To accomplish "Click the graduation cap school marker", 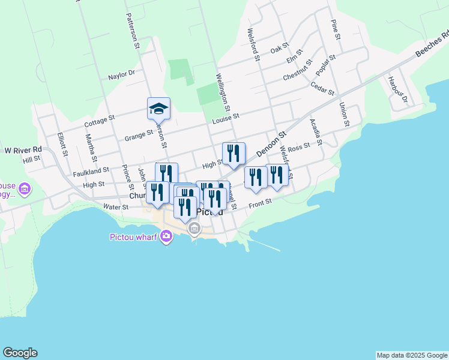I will pos(158,109).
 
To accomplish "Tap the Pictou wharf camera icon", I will pos(166,237).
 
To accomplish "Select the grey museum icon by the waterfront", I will pos(194,229).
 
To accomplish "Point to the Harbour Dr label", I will pos(396,89).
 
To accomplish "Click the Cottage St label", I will pos(99,121).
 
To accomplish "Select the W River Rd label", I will pos(23,149).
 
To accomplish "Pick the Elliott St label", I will pos(61,145).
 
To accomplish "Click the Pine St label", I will pos(336,29).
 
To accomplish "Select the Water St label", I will pos(116,207).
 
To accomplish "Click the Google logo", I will pos(20,353).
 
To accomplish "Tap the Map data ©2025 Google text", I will pos(411,355).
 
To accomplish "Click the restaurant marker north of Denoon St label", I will pos(234,154).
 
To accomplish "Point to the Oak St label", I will pos(279,49).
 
